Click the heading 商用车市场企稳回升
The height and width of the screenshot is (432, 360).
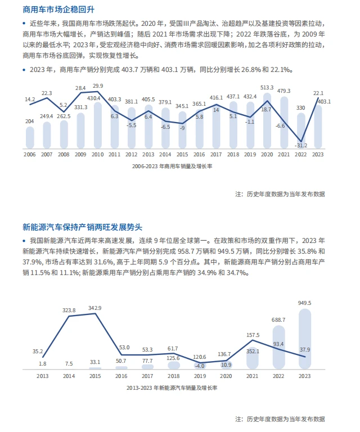(x=51, y=10)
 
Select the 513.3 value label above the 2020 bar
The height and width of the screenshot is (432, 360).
(x=267, y=88)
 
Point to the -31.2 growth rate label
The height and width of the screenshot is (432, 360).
(x=302, y=144)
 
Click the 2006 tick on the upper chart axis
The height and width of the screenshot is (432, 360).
(x=30, y=154)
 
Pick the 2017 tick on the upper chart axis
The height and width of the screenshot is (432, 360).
(x=215, y=154)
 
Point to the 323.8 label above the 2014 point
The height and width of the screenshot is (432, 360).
(x=69, y=310)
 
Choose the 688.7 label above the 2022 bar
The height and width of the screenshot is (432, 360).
(x=278, y=319)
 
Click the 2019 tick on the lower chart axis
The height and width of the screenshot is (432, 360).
(x=199, y=376)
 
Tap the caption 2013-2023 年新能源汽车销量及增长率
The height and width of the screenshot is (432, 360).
(x=173, y=388)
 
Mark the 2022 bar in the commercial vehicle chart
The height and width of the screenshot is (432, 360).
(x=300, y=132)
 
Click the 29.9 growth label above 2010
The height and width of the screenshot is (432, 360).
(x=98, y=86)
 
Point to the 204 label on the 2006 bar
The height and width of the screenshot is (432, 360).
(x=30, y=121)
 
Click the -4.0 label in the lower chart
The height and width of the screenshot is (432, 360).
(x=200, y=366)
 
